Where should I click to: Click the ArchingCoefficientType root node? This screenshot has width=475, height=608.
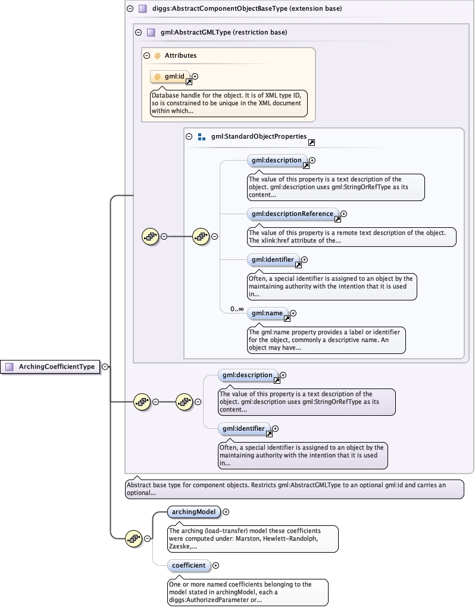click(x=50, y=367)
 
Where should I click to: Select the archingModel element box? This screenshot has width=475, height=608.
click(x=193, y=512)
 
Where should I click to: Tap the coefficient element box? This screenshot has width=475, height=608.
click(x=189, y=565)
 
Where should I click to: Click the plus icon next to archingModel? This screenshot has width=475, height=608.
click(x=226, y=512)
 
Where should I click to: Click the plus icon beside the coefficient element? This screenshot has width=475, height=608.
click(x=215, y=565)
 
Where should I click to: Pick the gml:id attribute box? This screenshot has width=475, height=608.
click(x=170, y=76)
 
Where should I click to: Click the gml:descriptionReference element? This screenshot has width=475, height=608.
click(x=293, y=214)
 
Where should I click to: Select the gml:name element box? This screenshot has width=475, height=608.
click(x=267, y=313)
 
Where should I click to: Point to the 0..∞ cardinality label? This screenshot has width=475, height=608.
click(x=237, y=309)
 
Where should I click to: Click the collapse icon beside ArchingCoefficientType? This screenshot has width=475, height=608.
click(x=105, y=366)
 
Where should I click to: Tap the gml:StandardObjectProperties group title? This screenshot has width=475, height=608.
click(x=259, y=136)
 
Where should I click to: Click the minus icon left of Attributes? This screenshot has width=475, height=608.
click(x=146, y=55)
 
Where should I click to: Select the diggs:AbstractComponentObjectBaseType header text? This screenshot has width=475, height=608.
click(x=247, y=8)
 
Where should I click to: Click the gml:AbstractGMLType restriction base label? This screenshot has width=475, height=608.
click(x=224, y=32)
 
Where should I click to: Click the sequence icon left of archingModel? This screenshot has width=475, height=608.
click(x=134, y=538)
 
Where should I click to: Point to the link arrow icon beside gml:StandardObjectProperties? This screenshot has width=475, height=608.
click(x=311, y=142)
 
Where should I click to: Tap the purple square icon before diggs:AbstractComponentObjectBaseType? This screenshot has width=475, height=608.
click(x=143, y=8)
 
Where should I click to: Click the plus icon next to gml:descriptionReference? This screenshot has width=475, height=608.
click(x=344, y=214)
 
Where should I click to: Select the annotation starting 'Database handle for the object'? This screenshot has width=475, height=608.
click(x=229, y=103)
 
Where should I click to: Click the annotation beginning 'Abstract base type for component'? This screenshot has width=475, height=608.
click(x=295, y=489)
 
